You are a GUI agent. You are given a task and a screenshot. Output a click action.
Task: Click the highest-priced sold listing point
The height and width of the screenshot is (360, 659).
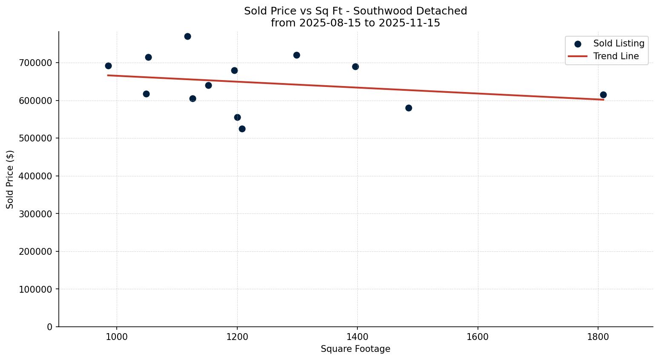[187, 36]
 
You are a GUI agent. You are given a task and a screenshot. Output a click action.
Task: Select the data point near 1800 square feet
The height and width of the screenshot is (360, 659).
[603, 95]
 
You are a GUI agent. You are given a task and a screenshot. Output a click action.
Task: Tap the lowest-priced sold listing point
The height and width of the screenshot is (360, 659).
[242, 129]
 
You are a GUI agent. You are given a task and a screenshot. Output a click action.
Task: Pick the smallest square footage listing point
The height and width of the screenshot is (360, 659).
[108, 66]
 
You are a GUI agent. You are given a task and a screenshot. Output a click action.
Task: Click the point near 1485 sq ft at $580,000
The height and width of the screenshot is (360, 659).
[409, 108]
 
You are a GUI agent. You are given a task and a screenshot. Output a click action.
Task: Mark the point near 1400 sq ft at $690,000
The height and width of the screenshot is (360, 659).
[355, 66]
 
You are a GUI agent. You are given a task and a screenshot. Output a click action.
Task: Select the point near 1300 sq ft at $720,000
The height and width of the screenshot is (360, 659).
[296, 55]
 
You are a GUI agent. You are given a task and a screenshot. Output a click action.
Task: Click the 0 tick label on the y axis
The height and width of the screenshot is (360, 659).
[50, 327]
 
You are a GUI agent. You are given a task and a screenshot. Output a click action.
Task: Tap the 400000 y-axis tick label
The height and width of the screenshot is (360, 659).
[36, 176]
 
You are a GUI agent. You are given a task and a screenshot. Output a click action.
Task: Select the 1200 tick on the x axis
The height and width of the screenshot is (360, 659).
[237, 336]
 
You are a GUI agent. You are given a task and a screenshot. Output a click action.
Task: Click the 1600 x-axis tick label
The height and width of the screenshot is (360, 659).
[478, 336]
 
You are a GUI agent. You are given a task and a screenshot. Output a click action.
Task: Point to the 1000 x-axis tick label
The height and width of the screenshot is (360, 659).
[117, 336]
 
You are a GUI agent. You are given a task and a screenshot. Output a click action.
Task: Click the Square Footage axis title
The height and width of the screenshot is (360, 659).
[355, 349]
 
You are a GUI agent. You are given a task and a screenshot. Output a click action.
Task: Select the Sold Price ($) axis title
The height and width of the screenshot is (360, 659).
[10, 179]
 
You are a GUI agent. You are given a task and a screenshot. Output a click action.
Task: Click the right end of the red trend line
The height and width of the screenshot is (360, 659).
[603, 99]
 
